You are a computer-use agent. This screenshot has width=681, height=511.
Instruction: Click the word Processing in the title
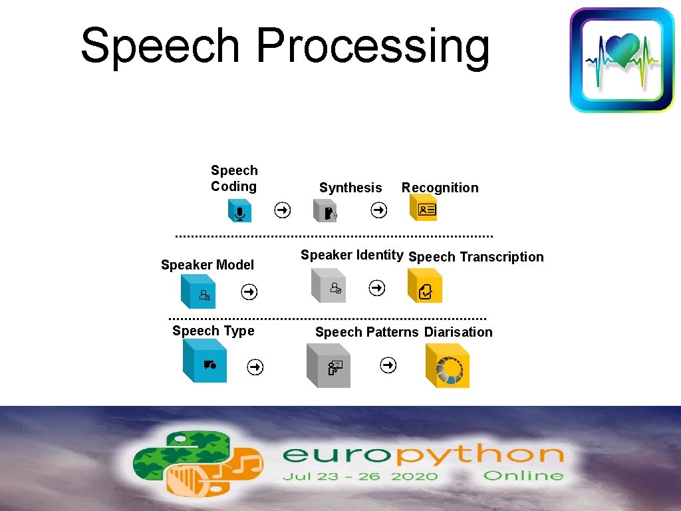[x=372, y=47]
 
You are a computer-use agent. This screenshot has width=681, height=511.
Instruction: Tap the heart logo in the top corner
[x=622, y=60]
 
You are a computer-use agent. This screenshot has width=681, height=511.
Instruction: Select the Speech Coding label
[x=234, y=178]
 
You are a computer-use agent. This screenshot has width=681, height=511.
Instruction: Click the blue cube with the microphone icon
[x=238, y=211]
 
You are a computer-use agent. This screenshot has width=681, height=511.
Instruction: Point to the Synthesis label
[x=350, y=188]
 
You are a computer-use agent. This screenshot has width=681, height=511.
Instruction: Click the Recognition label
[x=440, y=188]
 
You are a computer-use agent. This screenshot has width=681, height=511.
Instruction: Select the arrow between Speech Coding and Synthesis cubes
[x=283, y=210]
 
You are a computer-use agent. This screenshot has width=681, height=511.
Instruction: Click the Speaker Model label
[x=207, y=265]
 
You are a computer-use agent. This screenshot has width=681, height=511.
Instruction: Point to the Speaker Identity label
[x=352, y=254]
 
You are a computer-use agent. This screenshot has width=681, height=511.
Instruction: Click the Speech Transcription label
[x=476, y=257]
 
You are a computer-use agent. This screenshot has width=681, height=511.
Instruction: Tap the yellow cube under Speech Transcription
[x=425, y=287]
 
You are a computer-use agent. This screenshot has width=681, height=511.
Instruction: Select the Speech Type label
[x=213, y=331]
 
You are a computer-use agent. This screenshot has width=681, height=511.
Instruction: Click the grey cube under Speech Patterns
[x=329, y=365]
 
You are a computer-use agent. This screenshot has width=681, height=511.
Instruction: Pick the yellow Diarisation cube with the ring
[x=448, y=367]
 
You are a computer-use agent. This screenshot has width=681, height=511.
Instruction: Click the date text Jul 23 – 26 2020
[x=360, y=476]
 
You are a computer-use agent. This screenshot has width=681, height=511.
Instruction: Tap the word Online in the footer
[x=523, y=476]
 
